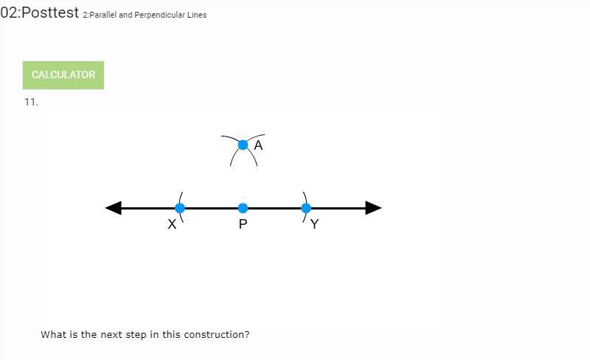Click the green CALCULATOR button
pos(63,75)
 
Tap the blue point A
pos(243,145)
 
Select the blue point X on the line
pos(180,208)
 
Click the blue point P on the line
pos(243,208)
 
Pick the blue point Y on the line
pos(306,208)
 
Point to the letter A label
pos(258,145)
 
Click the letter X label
pos(172,224)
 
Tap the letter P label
pos(243,224)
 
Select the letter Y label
pos(315,224)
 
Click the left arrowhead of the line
pos(114,208)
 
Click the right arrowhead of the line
pos(373,208)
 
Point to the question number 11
pos(30,102)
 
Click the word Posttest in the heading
pos(50,13)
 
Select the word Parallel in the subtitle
pos(103,15)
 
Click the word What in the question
pos(53,334)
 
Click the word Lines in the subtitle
pos(198,15)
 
